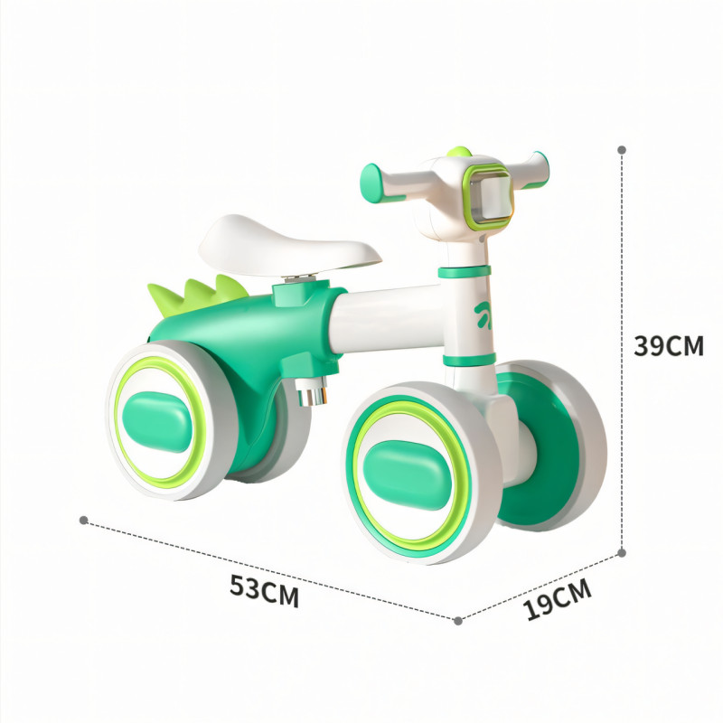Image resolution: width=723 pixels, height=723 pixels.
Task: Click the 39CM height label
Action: tap(669, 346)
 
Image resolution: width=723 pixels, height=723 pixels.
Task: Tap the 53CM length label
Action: tap(265, 591)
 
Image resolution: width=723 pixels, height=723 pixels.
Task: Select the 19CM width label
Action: tap(558, 598)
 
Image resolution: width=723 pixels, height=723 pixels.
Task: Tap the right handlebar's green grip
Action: tap(540, 169)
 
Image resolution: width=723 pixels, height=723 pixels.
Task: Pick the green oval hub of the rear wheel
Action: tap(156, 421)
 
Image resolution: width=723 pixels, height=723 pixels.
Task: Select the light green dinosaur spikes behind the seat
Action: tap(198, 296)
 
